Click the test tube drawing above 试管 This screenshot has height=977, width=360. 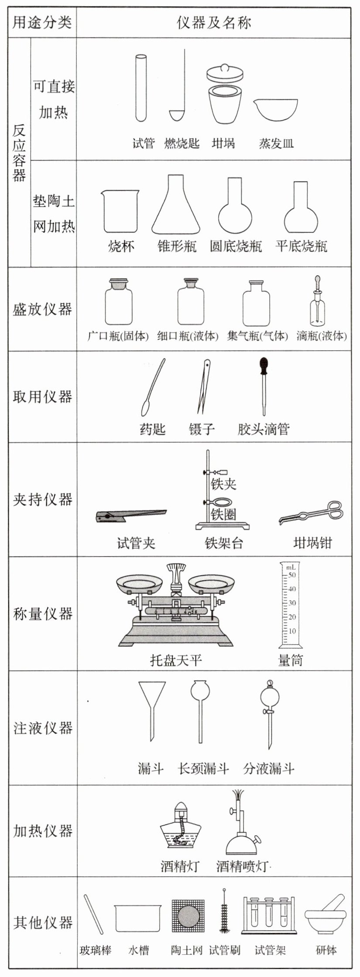tap(141, 87)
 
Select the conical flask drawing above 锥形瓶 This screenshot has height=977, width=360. tap(176, 205)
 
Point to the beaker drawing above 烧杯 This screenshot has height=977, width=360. tap(121, 211)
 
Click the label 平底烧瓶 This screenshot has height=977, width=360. tap(301, 246)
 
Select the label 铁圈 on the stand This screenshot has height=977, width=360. tap(223, 514)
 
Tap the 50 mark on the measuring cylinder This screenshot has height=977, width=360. tap(292, 575)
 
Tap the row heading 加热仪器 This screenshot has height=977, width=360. tap(42, 830)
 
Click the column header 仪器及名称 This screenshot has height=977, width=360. tap(214, 22)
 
